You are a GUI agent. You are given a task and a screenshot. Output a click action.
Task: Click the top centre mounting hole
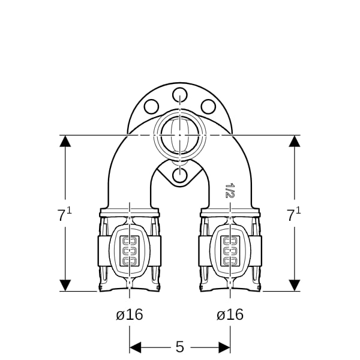pos(180,95)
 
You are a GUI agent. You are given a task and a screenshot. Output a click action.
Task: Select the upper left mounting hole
pos(151,107)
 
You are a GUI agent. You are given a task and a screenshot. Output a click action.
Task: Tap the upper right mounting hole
pos(208,107)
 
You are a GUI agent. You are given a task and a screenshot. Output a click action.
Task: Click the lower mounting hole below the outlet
pos(180,176)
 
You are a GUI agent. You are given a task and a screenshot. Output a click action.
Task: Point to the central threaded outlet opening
pos(180,135)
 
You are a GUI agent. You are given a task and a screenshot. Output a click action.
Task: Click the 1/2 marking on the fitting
pos(230,190)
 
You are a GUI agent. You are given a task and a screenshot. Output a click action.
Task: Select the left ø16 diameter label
pos(130,314)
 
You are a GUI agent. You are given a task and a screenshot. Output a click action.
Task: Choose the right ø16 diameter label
pos(230,314)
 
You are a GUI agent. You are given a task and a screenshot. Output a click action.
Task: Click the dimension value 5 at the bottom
pos(180,347)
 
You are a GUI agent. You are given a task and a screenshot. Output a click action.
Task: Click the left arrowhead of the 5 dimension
pos(135,347)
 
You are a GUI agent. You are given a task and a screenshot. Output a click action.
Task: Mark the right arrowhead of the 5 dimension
pos(224,347)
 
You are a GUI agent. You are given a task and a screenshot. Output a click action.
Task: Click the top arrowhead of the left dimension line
pos(65,141)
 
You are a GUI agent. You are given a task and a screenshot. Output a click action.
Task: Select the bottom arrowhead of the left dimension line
pos(65,286)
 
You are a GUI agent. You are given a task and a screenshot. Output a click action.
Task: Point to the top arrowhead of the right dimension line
pos(295,141)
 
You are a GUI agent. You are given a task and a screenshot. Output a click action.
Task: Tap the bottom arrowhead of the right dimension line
pos(295,286)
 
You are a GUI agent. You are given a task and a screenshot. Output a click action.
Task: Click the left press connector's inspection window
pos(130,251)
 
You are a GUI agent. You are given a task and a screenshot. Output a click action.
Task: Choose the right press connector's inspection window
pos(230,251)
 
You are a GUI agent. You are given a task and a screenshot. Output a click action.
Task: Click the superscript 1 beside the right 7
pos(298,211)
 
